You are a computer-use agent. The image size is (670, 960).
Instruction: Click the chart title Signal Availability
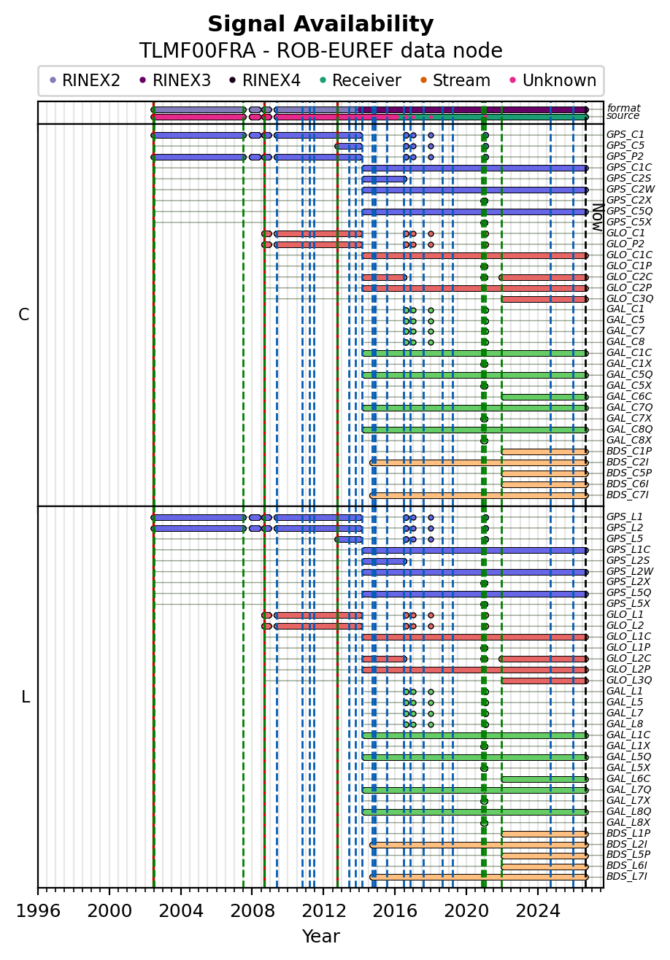[320, 24]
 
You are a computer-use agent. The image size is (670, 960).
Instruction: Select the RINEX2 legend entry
[85, 80]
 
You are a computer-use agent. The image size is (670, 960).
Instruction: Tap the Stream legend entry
[455, 80]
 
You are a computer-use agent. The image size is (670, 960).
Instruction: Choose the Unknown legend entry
[553, 80]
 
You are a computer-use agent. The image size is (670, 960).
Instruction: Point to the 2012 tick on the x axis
[323, 891]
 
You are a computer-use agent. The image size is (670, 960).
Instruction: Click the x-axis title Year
[320, 937]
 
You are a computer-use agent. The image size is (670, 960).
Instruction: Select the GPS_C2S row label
[628, 178]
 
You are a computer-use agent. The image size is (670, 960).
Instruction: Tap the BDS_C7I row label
[627, 495]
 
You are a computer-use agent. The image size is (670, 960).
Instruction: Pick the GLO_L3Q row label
[629, 680]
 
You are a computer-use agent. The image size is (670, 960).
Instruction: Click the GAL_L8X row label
[628, 822]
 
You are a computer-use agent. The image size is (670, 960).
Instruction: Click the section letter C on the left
[24, 314]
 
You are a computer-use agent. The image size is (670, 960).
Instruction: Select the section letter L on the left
[26, 697]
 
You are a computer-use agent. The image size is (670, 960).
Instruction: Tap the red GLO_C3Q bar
[544, 299]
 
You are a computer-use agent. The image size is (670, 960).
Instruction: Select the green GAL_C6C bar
[544, 398]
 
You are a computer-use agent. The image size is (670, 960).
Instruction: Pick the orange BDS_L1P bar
[544, 834]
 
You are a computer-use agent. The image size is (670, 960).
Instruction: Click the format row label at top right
[624, 108]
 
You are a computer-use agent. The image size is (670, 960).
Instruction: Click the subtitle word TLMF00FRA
[198, 51]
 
